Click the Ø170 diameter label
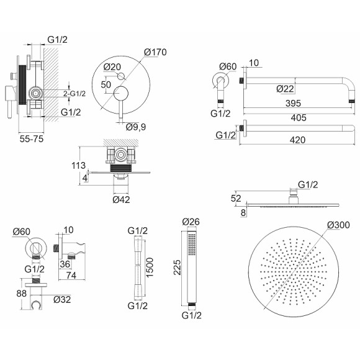point(155,52)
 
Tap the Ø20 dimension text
point(112,67)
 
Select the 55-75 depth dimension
point(32,139)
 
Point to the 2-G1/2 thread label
point(74,94)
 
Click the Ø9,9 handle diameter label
point(136,127)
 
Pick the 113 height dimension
point(79,166)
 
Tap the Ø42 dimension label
point(121,199)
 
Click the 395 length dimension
point(293,103)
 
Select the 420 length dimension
point(297,140)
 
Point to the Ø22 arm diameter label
point(285,89)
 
